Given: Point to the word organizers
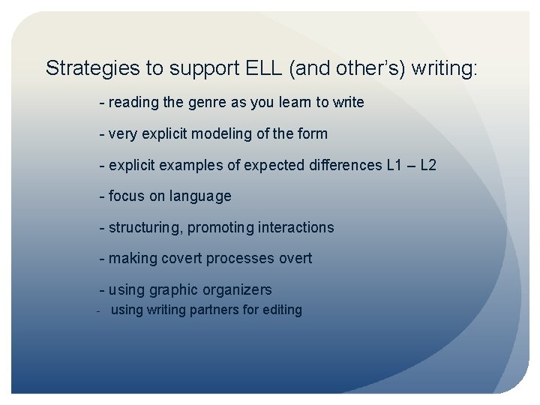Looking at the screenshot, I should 235,289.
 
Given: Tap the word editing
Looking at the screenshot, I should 279,310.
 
